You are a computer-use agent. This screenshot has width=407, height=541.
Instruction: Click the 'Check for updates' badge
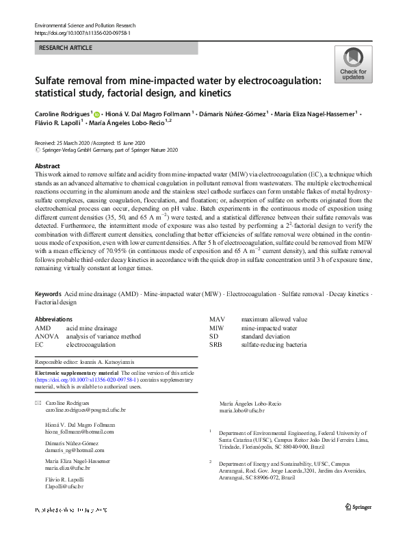tap(353, 65)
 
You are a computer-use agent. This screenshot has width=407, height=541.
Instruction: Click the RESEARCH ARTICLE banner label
tap(65, 49)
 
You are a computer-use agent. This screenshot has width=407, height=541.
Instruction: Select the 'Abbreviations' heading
tap(53, 319)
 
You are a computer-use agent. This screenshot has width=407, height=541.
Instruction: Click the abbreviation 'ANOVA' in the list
tap(47, 337)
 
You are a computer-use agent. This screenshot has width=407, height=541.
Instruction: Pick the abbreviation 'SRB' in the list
tap(217, 345)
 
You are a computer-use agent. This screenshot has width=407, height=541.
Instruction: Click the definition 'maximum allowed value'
tap(274, 319)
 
